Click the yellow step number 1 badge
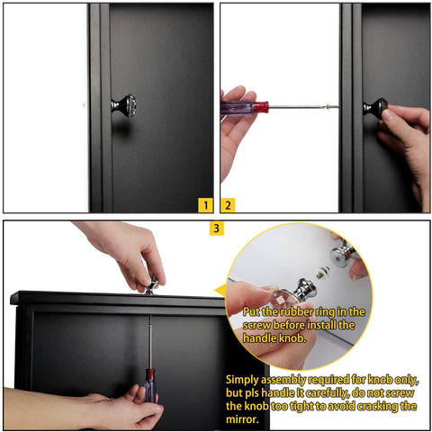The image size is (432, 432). (x=205, y=205)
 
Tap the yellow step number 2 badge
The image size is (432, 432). (x=228, y=205)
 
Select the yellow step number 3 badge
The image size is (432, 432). (x=217, y=229)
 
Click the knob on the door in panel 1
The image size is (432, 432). (x=124, y=105)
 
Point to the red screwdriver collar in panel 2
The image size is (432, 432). (x=260, y=107)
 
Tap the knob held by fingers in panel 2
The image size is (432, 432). (x=375, y=107)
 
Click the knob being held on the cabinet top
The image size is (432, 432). (x=151, y=286)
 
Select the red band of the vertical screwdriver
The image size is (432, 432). (x=150, y=375)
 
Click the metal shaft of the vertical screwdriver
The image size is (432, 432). (x=150, y=342)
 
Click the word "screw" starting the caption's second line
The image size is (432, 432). (x=257, y=325)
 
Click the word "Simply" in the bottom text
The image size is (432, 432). (x=242, y=380)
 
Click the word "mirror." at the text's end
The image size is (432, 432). (x=242, y=419)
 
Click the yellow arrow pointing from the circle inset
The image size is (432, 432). (x=220, y=291)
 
